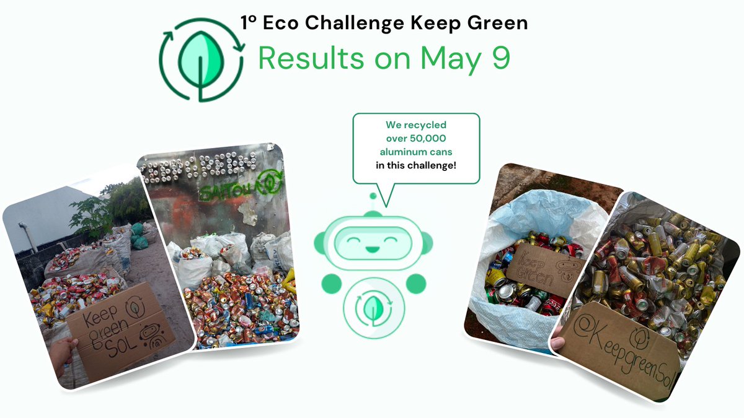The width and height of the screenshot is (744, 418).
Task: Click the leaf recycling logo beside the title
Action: (x=200, y=59)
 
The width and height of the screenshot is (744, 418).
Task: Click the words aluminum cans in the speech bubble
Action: (x=416, y=152)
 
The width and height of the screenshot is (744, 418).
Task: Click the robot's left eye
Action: (x=354, y=237)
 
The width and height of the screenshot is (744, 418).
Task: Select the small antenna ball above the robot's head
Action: (x=372, y=196)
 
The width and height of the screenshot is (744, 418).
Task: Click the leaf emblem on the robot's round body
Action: (x=373, y=307)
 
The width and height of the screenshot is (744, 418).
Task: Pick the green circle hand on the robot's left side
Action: (x=330, y=283)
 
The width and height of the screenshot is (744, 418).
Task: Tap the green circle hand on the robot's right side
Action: (x=414, y=283)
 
